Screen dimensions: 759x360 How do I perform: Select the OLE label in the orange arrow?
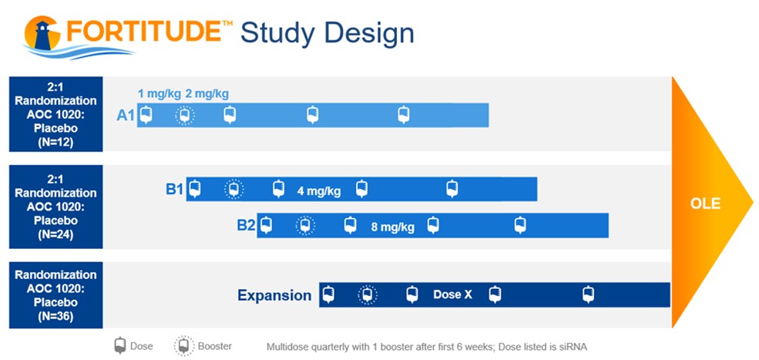pos(705,203)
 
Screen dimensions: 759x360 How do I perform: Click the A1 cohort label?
pos(126,116)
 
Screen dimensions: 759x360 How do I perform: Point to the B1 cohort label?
pos(175,189)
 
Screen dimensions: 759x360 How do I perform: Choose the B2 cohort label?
pos(246,226)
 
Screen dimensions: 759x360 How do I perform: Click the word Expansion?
pos(274,295)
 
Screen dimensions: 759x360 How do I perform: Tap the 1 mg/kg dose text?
pos(160,93)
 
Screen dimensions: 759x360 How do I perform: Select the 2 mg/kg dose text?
pos(207,93)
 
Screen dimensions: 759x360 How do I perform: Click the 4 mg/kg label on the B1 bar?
pos(319,191)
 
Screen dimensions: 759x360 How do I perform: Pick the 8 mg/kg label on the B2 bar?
pos(392,227)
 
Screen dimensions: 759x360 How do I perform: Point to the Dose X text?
pos(452,294)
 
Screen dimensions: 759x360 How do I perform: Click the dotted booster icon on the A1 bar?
pos(184,116)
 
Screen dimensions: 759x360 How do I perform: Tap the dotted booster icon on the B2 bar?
pos(305,225)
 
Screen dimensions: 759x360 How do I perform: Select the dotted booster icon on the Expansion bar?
pos(368,294)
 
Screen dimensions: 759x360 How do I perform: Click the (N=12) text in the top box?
pos(55,143)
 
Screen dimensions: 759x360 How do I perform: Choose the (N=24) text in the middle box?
pos(55,234)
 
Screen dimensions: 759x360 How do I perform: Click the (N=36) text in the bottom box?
pos(55,316)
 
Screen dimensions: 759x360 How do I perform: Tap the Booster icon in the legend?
pos(184,346)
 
